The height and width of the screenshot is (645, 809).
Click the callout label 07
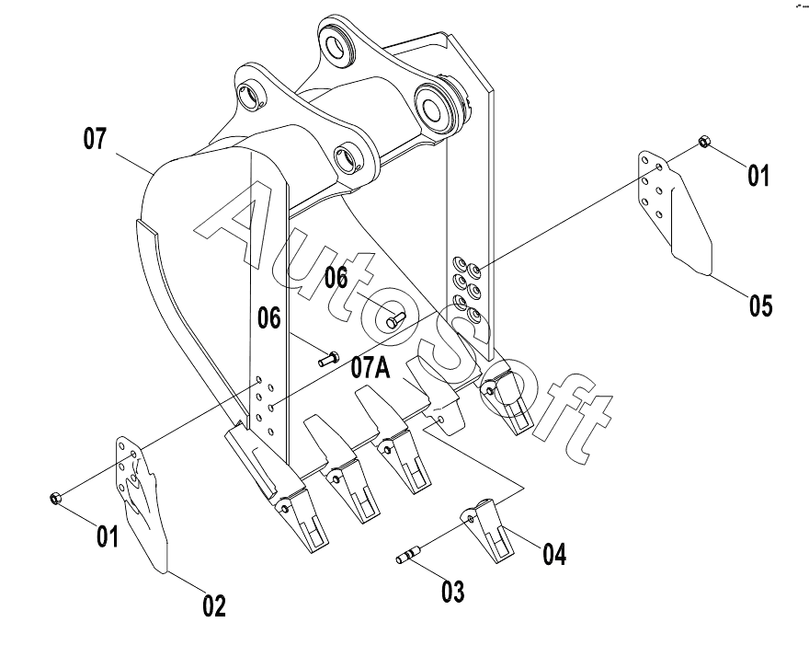[95, 139]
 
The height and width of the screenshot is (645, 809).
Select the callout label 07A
[370, 368]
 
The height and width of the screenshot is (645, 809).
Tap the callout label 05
[761, 305]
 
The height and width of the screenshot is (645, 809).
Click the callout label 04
[554, 554]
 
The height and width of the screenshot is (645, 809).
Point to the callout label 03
[452, 592]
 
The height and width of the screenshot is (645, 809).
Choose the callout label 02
[213, 605]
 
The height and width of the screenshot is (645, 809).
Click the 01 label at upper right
[758, 176]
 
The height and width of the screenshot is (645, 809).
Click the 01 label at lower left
[108, 536]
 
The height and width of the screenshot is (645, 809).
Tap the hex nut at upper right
[704, 141]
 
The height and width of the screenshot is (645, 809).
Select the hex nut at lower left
[56, 499]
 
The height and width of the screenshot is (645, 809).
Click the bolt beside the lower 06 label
[328, 358]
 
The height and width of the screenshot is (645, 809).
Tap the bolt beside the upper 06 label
[395, 319]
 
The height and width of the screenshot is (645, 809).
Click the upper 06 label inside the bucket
[336, 278]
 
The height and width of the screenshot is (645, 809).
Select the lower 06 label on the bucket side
[269, 317]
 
